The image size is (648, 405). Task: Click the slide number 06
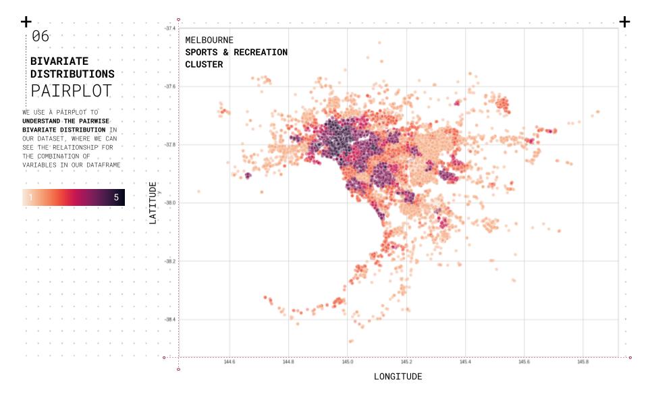(x=40, y=36)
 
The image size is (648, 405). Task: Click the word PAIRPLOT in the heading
(x=71, y=91)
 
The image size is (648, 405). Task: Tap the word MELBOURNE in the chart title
(x=209, y=40)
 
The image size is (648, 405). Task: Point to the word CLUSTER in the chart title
(x=204, y=65)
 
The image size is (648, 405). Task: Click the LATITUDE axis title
(x=153, y=202)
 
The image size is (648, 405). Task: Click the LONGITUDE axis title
(x=398, y=377)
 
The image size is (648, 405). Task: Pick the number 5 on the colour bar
(x=116, y=198)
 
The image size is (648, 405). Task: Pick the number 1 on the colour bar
(x=30, y=198)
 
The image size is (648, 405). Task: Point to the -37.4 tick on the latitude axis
(x=170, y=28)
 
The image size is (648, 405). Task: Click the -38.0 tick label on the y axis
(x=170, y=202)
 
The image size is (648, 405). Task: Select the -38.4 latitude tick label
(x=170, y=319)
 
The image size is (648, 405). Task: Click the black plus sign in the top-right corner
(x=624, y=22)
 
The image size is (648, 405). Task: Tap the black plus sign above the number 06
(x=26, y=22)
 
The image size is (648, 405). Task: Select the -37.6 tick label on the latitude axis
(x=170, y=86)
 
